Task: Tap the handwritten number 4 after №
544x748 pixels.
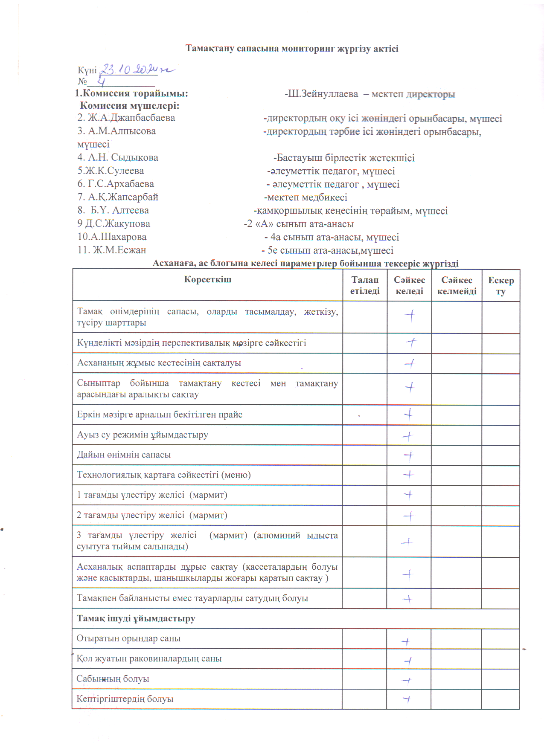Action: pos(102,81)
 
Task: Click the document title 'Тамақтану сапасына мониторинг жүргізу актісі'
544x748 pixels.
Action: pos(292,49)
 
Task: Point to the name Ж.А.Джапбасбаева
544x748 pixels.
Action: pos(126,118)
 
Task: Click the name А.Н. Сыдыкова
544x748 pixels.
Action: pos(118,158)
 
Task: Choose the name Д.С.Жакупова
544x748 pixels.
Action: pos(114,224)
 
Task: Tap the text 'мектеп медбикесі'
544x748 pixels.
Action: pos(306,197)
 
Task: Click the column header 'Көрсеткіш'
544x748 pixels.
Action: pos(208,280)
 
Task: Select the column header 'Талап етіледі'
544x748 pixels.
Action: pos(365,285)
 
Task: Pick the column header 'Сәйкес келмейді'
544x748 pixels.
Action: pos(457,285)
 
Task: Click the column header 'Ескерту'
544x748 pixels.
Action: pos(501,285)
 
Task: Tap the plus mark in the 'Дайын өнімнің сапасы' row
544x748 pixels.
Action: pos(409,455)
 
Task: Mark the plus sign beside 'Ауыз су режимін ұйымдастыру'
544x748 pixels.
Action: pos(408,436)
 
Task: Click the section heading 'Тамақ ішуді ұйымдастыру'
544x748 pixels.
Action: pos(136,618)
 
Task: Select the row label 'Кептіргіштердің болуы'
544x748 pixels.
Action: pos(125,699)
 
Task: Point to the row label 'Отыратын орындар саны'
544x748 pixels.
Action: pos(128,638)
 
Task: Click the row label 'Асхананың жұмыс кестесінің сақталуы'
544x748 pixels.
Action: pos(159,363)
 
